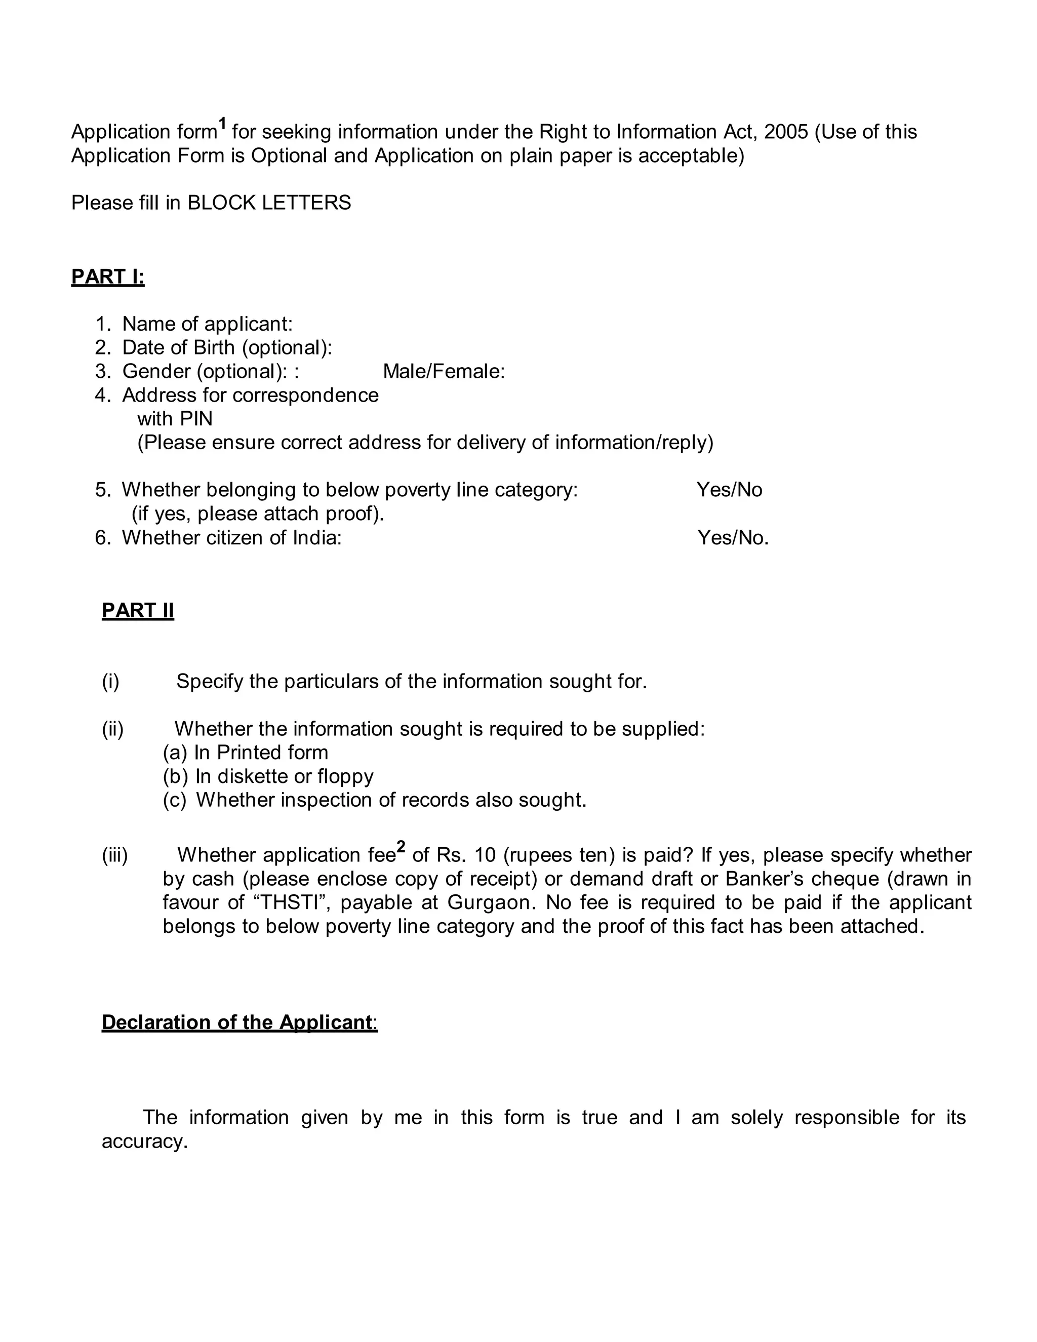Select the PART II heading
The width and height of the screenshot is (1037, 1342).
pyautogui.click(x=138, y=611)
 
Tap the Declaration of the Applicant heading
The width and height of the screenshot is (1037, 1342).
pyautogui.click(x=239, y=1022)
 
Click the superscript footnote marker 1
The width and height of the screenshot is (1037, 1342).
pyautogui.click(x=223, y=124)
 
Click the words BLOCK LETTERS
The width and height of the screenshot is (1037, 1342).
pyautogui.click(x=269, y=203)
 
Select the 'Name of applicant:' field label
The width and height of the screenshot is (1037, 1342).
pyautogui.click(x=207, y=324)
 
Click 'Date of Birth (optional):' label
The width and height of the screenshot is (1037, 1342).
pyautogui.click(x=227, y=348)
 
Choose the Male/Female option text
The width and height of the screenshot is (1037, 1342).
pyautogui.click(x=444, y=372)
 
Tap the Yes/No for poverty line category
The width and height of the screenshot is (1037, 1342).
pyautogui.click(x=729, y=490)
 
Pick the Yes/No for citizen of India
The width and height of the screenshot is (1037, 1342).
pyautogui.click(x=732, y=538)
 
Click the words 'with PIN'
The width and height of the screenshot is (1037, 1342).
pyautogui.click(x=175, y=419)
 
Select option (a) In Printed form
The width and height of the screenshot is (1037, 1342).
pyautogui.click(x=246, y=753)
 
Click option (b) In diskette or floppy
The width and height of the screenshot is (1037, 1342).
pyautogui.click(x=268, y=777)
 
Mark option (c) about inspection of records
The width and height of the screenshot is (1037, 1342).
pyautogui.click(x=375, y=800)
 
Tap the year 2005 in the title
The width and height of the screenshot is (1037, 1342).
pyautogui.click(x=786, y=132)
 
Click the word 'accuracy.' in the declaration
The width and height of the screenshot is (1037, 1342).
pyautogui.click(x=144, y=1141)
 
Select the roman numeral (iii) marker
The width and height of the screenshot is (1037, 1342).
pyautogui.click(x=115, y=855)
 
